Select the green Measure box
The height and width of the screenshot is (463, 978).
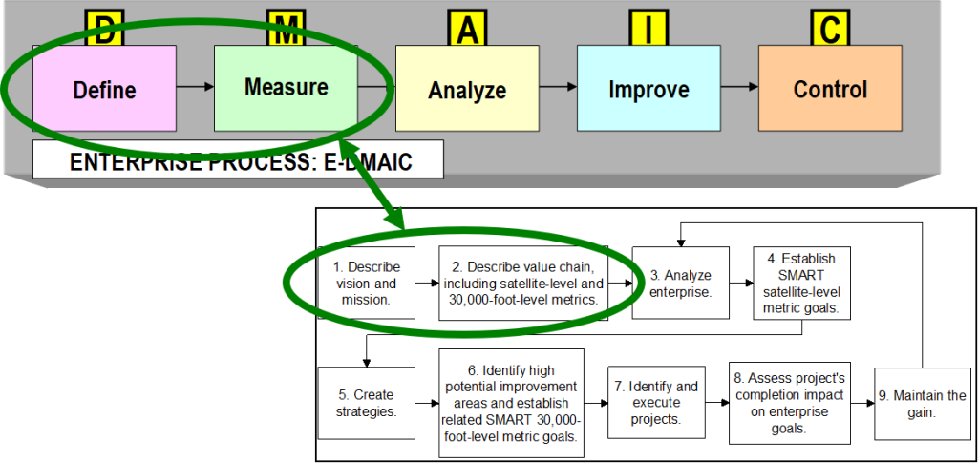coord(286,87)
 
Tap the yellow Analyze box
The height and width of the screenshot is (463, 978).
coord(467,90)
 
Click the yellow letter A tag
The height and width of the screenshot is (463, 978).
coord(466,30)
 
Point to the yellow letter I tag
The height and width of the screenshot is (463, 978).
coord(648,30)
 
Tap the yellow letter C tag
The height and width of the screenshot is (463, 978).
coord(829,30)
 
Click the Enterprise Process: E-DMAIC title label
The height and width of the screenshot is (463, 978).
coord(239,160)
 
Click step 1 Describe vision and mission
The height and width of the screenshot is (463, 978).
coord(368,284)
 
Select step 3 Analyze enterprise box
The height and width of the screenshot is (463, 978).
coord(680,284)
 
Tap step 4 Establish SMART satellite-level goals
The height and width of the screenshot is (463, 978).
coord(801,284)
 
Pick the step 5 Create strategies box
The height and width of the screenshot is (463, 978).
coord(368,403)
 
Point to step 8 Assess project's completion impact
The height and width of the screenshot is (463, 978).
coord(790,403)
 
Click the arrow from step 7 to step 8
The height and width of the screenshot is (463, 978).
coord(717,403)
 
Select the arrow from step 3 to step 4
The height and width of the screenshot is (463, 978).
coord(740,284)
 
